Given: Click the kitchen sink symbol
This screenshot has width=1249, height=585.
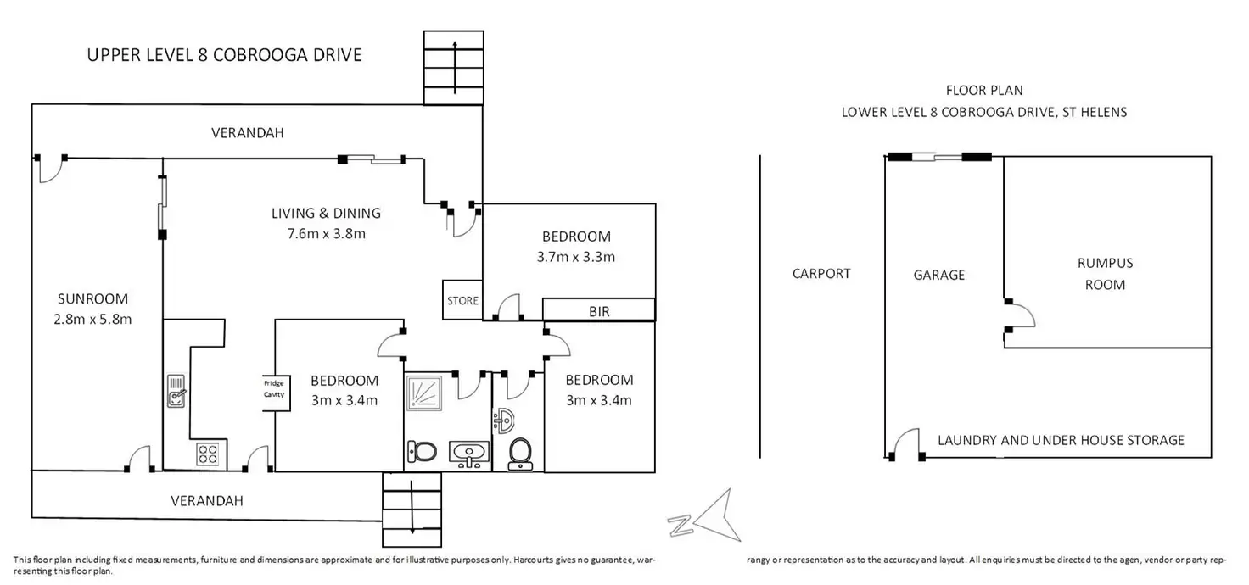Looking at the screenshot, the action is (x=176, y=391).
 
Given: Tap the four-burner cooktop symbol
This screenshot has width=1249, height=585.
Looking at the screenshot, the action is (x=208, y=454).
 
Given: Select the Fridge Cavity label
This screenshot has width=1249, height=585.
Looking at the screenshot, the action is (x=274, y=389).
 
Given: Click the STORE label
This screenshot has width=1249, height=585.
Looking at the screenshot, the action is (x=462, y=301).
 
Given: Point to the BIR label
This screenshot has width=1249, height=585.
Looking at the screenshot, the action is (x=599, y=312).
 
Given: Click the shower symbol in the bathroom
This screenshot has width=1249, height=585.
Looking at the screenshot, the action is (x=423, y=393).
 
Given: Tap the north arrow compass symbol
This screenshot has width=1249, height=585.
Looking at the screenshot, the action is (x=705, y=517).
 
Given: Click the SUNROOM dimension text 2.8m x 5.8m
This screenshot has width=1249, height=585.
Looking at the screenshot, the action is (x=92, y=320).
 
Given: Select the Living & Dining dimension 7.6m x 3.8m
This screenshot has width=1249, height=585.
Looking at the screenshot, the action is (x=326, y=233).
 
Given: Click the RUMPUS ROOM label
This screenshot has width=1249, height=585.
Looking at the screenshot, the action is (x=1105, y=274).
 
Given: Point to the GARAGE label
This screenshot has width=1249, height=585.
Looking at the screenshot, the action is (x=939, y=276).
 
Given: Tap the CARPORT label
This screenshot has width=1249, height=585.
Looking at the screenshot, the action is (x=821, y=274).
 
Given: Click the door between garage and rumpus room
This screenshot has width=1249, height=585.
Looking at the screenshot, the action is (x=1021, y=316).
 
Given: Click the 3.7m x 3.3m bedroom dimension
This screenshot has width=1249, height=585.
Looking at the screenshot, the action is (x=576, y=257).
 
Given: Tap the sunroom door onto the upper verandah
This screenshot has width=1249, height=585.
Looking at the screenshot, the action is (x=50, y=169).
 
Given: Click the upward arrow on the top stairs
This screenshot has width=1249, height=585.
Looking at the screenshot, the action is (x=455, y=68).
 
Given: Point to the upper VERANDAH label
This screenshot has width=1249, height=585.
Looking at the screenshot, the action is (x=248, y=132).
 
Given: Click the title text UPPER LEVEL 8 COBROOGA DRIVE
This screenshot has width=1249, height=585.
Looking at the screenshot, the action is (x=224, y=54).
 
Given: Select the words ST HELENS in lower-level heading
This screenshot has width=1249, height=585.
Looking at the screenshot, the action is (x=1095, y=112).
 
